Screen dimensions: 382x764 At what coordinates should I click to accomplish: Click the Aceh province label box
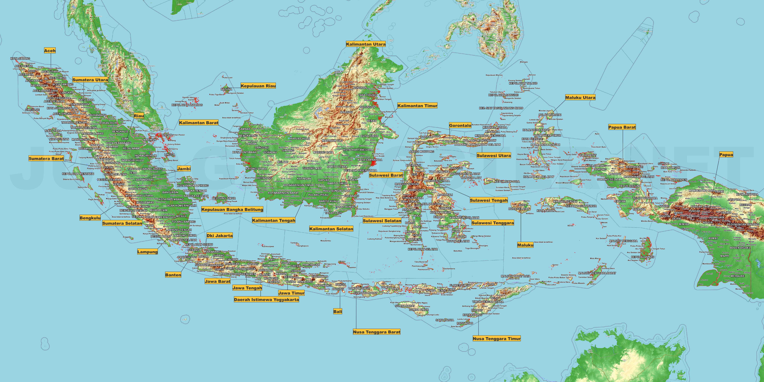pyautogui.click(x=49, y=51)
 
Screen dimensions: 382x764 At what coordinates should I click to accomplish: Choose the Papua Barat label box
pyautogui.click(x=622, y=127)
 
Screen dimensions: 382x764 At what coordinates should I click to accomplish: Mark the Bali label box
pyautogui.click(x=337, y=311)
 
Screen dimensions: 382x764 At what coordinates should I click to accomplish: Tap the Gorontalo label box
pyautogui.click(x=460, y=125)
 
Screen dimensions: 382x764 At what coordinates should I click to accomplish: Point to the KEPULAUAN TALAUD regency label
pyautogui.click(x=523, y=83)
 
